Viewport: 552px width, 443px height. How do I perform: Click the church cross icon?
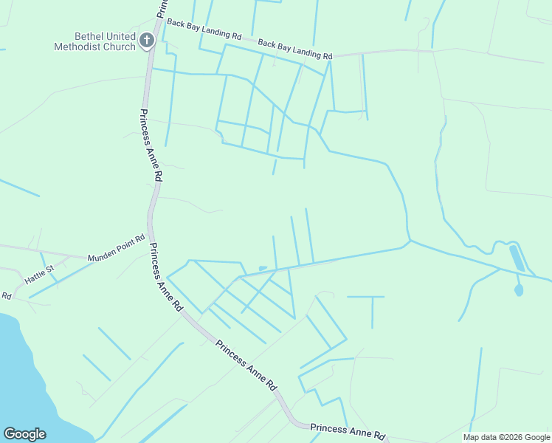[x=146, y=40]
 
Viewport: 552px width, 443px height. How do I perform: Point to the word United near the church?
[x=123, y=36]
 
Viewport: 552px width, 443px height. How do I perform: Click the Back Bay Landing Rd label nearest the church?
[x=204, y=30]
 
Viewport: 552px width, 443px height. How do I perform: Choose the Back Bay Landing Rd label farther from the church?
[x=295, y=50]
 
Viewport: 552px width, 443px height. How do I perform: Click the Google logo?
[x=24, y=434]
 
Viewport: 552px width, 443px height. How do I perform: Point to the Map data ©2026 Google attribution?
[x=507, y=437]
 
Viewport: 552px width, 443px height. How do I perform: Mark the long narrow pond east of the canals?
[x=517, y=258]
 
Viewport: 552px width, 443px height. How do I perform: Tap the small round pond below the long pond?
[x=519, y=290]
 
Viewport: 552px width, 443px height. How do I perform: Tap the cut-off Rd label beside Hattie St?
[x=6, y=296]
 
